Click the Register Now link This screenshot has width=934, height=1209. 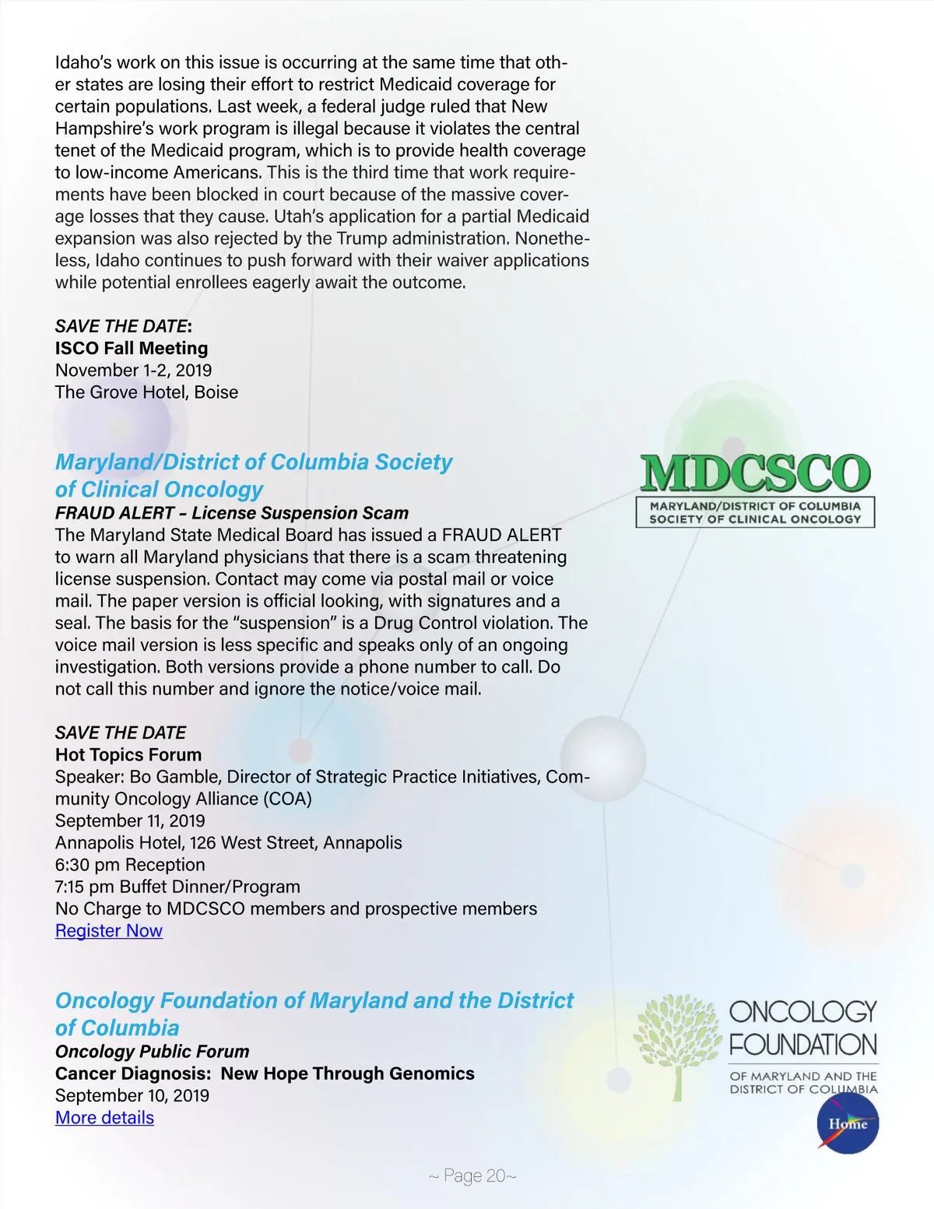coord(109,931)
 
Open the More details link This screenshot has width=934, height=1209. coord(104,1118)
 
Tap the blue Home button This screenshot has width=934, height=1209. coord(848,1124)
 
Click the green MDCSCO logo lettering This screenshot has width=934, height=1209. coord(754,473)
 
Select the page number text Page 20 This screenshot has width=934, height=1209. coord(472,1176)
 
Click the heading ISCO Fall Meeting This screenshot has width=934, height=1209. coord(132,349)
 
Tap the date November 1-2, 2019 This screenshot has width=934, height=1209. coord(133,371)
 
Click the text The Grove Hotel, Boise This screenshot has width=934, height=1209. coord(146,392)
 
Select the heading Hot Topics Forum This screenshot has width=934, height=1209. coord(128,755)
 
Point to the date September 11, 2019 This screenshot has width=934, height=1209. coord(130,821)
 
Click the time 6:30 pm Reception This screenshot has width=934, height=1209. coord(130,865)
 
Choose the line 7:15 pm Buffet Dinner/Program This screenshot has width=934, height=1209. coord(177,887)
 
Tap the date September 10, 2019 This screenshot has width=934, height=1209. coord(132,1096)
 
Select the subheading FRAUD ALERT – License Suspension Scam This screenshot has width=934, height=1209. coord(232,513)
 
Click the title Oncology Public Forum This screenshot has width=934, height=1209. coord(152,1052)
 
